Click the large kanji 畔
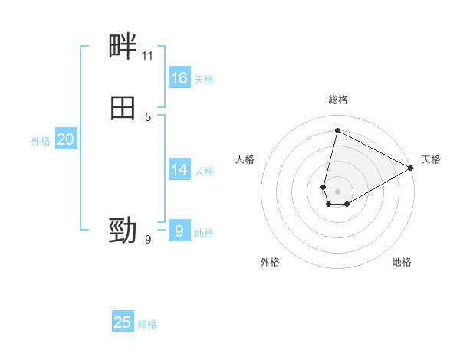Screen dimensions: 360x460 click(x=123, y=48)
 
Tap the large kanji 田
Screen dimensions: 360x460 click(x=123, y=108)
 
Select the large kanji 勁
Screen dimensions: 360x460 click(x=123, y=230)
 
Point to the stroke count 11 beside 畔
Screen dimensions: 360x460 click(x=147, y=56)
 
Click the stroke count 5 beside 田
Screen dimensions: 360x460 click(x=148, y=116)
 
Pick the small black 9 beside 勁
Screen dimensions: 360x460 click(x=148, y=240)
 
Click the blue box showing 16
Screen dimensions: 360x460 click(x=179, y=78)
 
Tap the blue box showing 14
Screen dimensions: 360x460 click(x=179, y=170)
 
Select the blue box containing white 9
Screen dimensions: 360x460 click(x=179, y=231)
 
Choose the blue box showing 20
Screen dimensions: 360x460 click(x=65, y=139)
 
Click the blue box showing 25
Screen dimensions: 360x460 click(x=123, y=322)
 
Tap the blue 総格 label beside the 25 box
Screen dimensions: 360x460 click(x=147, y=324)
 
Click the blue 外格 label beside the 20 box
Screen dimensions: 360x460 click(x=41, y=141)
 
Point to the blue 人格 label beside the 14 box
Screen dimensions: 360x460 click(x=204, y=172)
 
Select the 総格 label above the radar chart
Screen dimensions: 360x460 click(x=338, y=100)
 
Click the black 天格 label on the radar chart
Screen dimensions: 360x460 click(x=431, y=159)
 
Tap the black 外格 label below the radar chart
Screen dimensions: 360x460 click(x=270, y=262)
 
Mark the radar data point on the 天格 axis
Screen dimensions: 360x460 click(x=412, y=169)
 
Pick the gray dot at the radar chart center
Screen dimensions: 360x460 click(x=338, y=191)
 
